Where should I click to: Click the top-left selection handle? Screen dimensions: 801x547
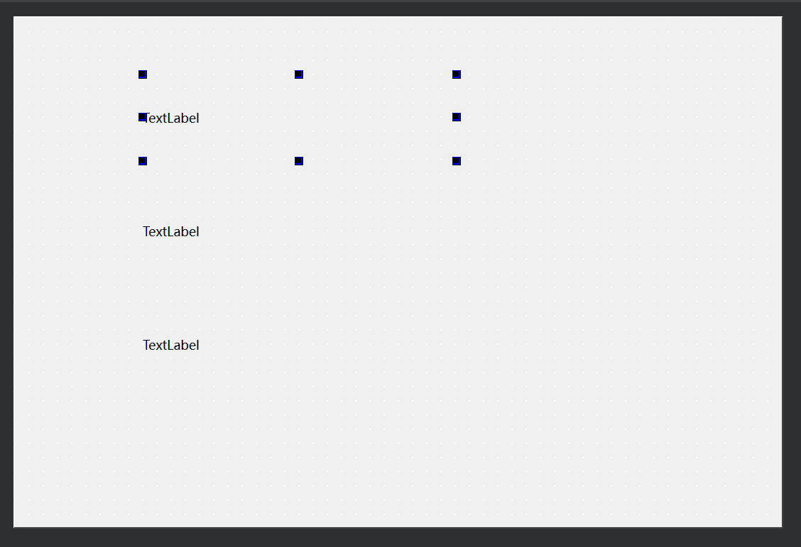pyautogui.click(x=143, y=74)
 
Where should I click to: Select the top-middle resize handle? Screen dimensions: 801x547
pyautogui.click(x=299, y=74)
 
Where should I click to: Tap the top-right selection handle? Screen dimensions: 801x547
pyautogui.click(x=457, y=74)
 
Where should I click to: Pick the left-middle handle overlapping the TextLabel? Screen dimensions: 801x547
pyautogui.click(x=143, y=117)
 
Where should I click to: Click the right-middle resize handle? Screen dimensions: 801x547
pyautogui.click(x=457, y=117)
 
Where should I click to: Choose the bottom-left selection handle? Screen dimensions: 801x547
pyautogui.click(x=143, y=161)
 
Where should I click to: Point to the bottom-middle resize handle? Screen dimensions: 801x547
pyautogui.click(x=299, y=161)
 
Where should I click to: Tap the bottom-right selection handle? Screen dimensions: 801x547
pyautogui.click(x=457, y=161)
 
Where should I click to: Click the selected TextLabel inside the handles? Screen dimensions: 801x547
pyautogui.click(x=174, y=118)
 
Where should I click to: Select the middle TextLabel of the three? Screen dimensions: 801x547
pyautogui.click(x=171, y=232)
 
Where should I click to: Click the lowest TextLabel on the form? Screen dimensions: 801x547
pyautogui.click(x=171, y=346)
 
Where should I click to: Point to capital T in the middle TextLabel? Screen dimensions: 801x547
pyautogui.click(x=147, y=232)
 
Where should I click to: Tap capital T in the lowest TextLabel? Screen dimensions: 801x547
pyautogui.click(x=147, y=346)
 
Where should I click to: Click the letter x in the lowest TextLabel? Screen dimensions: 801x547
pyautogui.click(x=159, y=346)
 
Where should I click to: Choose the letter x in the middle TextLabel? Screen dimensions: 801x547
pyautogui.click(x=159, y=233)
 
